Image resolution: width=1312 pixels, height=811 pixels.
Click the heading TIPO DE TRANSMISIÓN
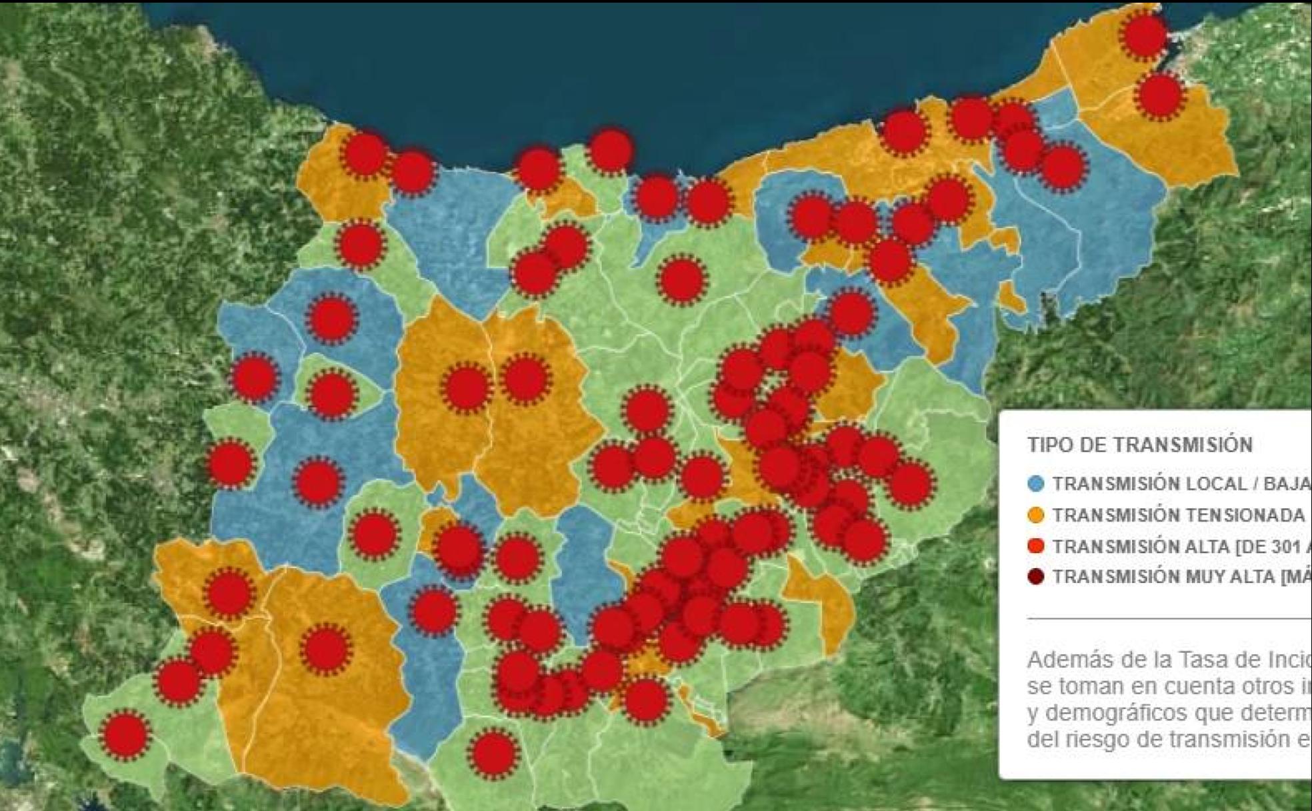pyautogui.click(x=1139, y=445)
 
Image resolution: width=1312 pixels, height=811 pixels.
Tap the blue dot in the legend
pyautogui.click(x=1035, y=484)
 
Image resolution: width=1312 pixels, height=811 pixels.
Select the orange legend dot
pyautogui.click(x=1035, y=515)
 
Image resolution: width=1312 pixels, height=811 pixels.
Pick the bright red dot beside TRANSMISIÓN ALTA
pyautogui.click(x=1035, y=546)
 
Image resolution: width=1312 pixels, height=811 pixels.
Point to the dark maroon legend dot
pyautogui.click(x=1035, y=577)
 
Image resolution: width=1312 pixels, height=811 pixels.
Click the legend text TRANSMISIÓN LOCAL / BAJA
pyautogui.click(x=1180, y=484)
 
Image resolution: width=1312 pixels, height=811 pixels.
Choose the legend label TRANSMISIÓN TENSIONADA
pyautogui.click(x=1178, y=515)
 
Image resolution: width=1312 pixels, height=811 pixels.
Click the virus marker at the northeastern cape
pyautogui.click(x=1145, y=35)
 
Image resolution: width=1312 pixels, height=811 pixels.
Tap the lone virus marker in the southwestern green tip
pyautogui.click(x=125, y=734)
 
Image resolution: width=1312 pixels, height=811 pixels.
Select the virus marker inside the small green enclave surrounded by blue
pyautogui.click(x=331, y=394)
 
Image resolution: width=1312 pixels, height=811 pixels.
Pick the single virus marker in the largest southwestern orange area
pyautogui.click(x=325, y=648)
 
